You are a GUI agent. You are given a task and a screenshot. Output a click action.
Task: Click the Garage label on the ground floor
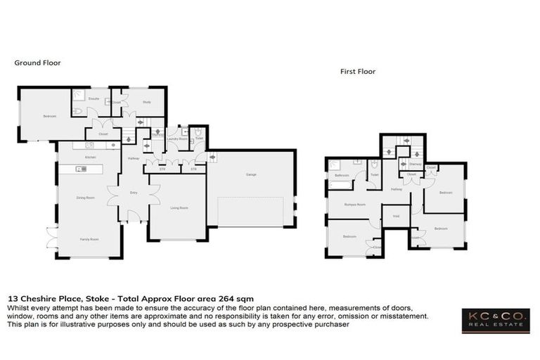tap(250, 174)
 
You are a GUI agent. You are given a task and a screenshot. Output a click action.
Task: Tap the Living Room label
tap(179, 208)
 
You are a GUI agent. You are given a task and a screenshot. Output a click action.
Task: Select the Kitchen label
tap(91, 157)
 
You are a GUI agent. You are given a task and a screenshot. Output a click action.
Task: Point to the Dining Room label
tap(86, 198)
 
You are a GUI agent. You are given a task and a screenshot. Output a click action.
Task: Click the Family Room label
tap(89, 240)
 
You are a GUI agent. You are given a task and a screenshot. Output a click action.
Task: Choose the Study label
tap(147, 102)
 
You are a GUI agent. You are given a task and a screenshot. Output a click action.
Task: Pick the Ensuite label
tap(93, 99)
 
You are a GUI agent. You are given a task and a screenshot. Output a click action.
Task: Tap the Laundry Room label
tap(176, 139)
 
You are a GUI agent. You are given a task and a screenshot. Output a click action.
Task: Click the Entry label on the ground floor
tap(133, 192)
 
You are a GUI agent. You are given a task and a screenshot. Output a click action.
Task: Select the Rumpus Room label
tap(354, 205)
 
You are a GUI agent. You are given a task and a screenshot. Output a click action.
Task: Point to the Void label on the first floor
tap(396, 217)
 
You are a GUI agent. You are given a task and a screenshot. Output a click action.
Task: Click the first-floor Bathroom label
tap(342, 175)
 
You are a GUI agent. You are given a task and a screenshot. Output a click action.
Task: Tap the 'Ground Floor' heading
tap(37, 63)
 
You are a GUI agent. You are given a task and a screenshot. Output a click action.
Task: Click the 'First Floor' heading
tap(358, 71)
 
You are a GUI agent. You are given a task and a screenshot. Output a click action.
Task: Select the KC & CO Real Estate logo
tap(495, 321)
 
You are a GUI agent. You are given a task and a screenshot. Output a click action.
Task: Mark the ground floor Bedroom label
tap(49, 116)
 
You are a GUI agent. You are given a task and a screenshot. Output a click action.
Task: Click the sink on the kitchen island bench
tap(91, 169)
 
